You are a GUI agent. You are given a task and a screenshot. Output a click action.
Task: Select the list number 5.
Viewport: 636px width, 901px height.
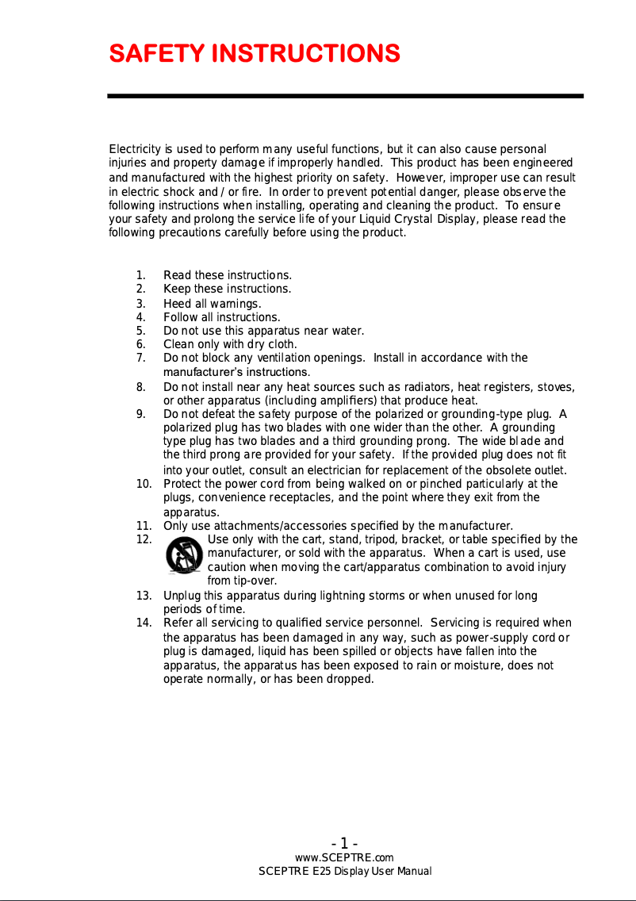[140, 331]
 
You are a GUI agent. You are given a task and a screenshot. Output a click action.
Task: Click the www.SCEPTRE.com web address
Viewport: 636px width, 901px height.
[344, 857]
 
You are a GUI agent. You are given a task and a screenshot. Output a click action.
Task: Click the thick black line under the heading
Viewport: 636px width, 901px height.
[345, 96]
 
